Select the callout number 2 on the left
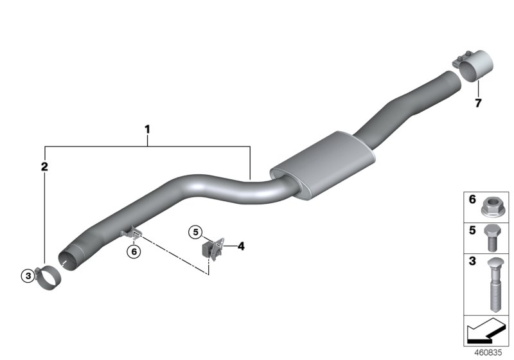click(x=44, y=167)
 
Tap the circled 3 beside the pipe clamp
click(x=26, y=276)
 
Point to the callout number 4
click(x=241, y=246)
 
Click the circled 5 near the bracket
click(x=195, y=231)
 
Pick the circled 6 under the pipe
click(x=133, y=252)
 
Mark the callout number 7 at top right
click(x=477, y=102)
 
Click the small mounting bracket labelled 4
click(x=214, y=248)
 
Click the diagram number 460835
click(x=489, y=353)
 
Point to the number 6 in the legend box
click(x=472, y=200)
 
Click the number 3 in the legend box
click(x=472, y=262)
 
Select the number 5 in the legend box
click(x=472, y=230)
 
